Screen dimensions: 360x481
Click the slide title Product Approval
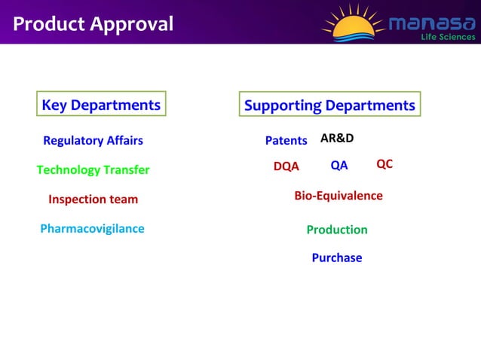93,24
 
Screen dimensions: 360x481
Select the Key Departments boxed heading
101,105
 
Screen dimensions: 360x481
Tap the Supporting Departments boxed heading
329,105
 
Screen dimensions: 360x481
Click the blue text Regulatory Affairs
93,141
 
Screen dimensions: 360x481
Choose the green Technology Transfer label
93,170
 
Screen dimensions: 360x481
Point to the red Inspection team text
93,200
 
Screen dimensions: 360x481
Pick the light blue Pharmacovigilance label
92,228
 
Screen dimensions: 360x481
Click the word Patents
286,141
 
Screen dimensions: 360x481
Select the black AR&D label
337,139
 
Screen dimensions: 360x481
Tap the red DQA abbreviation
286,166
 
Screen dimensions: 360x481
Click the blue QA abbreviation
339,166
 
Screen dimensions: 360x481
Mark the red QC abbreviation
384,164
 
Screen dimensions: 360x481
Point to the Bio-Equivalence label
338,196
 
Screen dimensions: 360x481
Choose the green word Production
337,230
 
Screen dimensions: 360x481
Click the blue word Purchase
337,258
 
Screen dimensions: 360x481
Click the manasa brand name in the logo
431,23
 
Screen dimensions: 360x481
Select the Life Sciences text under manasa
448,37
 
